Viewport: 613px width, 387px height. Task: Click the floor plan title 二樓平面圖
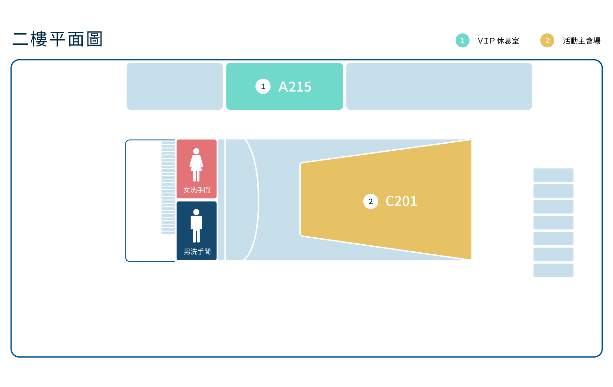tap(57, 39)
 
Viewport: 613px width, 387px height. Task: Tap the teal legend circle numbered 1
tap(462, 41)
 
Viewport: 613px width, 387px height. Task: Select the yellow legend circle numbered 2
tap(547, 41)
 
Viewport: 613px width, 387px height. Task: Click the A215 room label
tap(295, 87)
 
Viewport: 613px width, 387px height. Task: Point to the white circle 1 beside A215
tap(263, 86)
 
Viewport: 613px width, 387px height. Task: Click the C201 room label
tap(401, 201)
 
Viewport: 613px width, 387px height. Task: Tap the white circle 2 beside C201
tap(370, 201)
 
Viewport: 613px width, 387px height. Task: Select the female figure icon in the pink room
tap(196, 165)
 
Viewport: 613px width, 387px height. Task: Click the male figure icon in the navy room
tap(196, 226)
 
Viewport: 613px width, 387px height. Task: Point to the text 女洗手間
tap(197, 190)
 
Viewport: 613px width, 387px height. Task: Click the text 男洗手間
tap(197, 252)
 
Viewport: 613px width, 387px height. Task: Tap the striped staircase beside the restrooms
tap(168, 188)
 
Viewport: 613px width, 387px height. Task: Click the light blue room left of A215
tap(174, 86)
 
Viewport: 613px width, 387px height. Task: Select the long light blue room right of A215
tap(439, 86)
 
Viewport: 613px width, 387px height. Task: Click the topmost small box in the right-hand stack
tap(553, 175)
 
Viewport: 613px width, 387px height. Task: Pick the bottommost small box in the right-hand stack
tap(553, 270)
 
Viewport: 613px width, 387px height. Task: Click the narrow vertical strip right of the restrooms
tap(221, 200)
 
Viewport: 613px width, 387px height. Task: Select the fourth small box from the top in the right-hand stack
tap(553, 223)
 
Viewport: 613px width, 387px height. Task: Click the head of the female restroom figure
tap(196, 151)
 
